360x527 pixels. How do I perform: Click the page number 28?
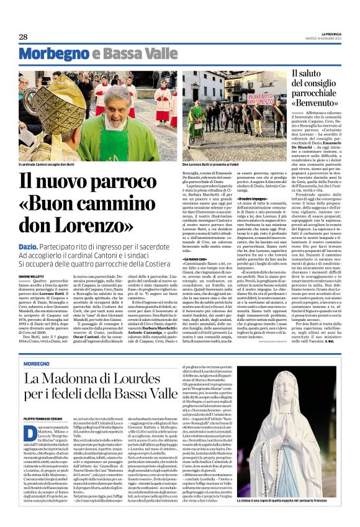23,37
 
